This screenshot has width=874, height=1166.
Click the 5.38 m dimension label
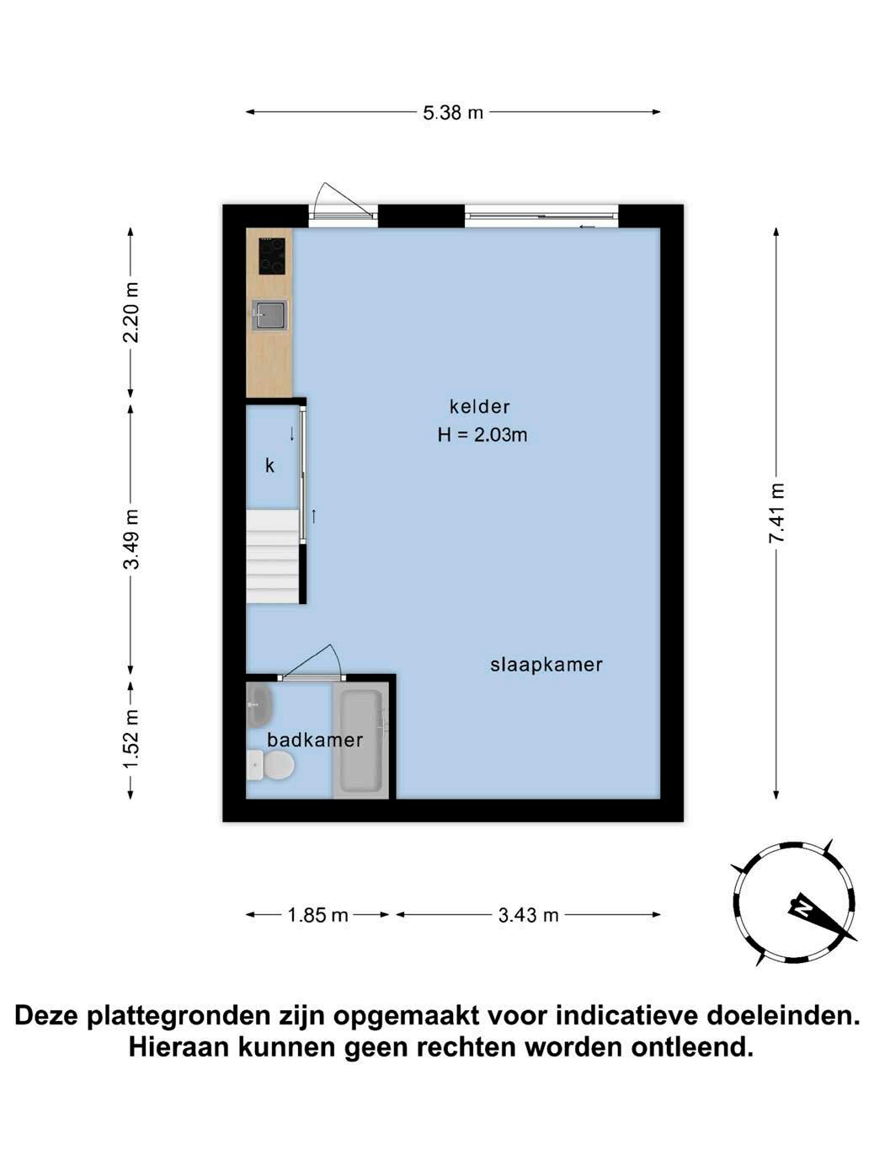pos(453,113)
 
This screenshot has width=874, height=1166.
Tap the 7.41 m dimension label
pos(775,512)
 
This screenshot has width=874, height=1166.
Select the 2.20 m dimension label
pos(131,313)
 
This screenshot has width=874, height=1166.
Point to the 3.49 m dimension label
pos(131,539)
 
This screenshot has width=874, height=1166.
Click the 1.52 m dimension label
pos(131,738)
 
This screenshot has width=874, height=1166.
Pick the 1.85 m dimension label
pos(317,915)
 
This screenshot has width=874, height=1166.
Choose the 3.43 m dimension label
pos(528,915)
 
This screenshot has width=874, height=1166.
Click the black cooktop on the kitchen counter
pos(272,256)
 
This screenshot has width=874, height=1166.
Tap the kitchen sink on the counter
pos(269,315)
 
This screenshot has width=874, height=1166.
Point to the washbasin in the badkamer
pos(259,706)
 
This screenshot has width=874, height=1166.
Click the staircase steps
pos(272,556)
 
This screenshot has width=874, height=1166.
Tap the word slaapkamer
pos(546,665)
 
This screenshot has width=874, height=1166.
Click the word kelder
pos(479,407)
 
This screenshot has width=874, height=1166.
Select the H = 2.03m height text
pos(482,435)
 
